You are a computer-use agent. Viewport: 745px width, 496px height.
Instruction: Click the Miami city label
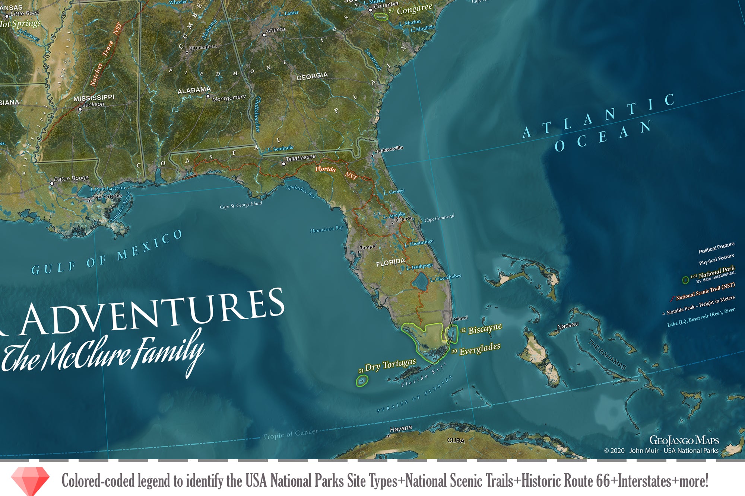[461, 318]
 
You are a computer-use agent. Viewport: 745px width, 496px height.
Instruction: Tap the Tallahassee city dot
[283, 164]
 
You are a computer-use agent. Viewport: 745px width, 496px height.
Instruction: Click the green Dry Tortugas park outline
[362, 380]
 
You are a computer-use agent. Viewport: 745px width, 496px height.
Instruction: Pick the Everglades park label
[479, 349]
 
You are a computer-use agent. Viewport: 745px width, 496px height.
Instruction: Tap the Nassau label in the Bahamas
[568, 326]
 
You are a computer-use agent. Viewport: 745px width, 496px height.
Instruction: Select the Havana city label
[401, 429]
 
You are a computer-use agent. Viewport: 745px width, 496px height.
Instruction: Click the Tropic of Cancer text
[290, 434]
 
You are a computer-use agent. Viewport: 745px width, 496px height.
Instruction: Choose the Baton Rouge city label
[71, 179]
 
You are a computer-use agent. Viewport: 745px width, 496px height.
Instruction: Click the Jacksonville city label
[389, 149]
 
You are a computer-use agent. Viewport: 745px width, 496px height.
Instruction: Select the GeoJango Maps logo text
[684, 440]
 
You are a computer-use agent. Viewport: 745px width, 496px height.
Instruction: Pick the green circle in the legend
[685, 280]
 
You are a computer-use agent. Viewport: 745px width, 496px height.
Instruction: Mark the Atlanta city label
[276, 30]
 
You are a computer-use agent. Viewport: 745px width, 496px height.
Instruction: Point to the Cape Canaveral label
[439, 218]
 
